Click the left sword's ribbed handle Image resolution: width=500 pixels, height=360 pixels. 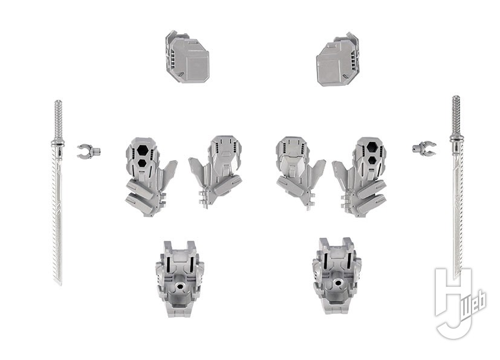59,120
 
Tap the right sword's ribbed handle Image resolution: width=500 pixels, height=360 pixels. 456,115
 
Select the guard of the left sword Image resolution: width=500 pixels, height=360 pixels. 58,143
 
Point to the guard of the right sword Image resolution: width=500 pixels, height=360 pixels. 456,138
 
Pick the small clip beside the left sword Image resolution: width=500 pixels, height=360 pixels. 88,150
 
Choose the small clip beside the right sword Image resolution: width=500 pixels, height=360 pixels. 424,148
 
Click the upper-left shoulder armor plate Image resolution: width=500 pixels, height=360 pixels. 187,57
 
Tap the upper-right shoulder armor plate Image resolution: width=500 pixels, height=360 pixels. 338,60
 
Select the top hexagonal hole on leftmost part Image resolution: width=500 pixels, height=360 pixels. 143,150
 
